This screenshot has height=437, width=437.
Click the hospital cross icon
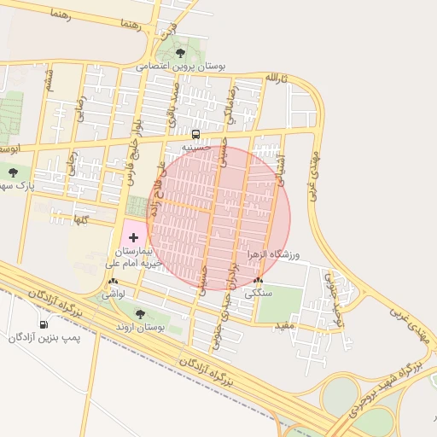[x=132, y=236]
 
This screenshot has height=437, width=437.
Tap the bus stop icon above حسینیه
[x=195, y=134]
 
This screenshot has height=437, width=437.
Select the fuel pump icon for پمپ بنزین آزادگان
[x=44, y=323]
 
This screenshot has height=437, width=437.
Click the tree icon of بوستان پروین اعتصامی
[x=178, y=53]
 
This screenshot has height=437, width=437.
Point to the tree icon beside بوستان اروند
[x=140, y=314]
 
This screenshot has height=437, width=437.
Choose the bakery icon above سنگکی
[x=259, y=280]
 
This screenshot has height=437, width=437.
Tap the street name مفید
[x=284, y=326]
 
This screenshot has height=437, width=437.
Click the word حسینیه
[x=195, y=147]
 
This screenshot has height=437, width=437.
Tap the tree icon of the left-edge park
[x=12, y=172]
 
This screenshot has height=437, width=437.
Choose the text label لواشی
[x=114, y=293]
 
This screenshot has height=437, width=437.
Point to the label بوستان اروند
[x=140, y=328]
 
